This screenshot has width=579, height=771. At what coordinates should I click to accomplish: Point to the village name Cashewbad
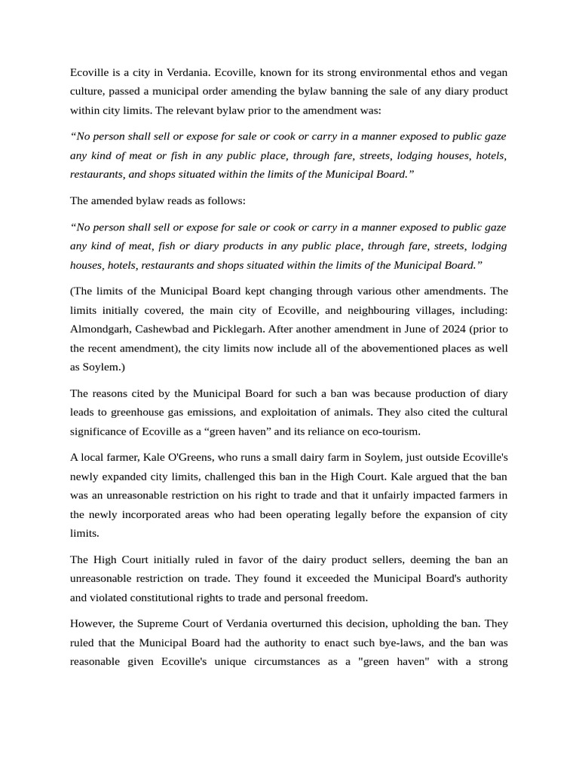point(161,329)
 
